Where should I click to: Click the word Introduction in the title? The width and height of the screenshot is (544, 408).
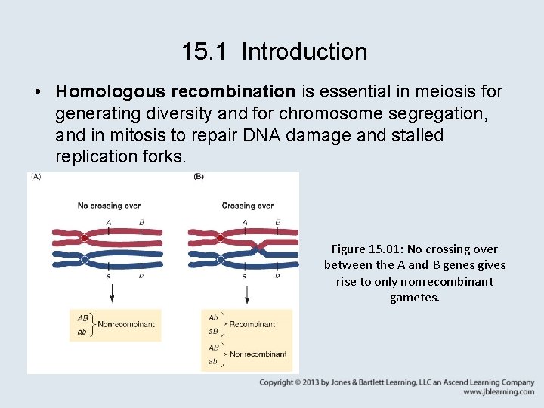point(304,52)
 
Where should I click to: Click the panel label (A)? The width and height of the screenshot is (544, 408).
point(36,178)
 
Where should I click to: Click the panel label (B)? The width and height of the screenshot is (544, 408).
point(198,178)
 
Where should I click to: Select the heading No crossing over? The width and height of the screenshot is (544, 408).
point(109,206)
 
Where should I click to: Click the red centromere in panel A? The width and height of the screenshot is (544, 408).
point(84,238)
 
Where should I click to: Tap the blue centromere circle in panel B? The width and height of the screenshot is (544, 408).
point(221,259)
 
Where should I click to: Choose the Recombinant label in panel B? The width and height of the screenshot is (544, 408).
point(252,324)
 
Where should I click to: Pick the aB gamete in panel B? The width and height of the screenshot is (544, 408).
point(213,330)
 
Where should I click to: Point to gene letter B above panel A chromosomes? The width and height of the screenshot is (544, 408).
point(141,222)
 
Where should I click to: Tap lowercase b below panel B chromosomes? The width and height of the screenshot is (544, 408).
point(277,276)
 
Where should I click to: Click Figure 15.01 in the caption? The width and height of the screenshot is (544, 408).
point(365,249)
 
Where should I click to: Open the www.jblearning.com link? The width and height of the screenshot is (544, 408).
point(498,392)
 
